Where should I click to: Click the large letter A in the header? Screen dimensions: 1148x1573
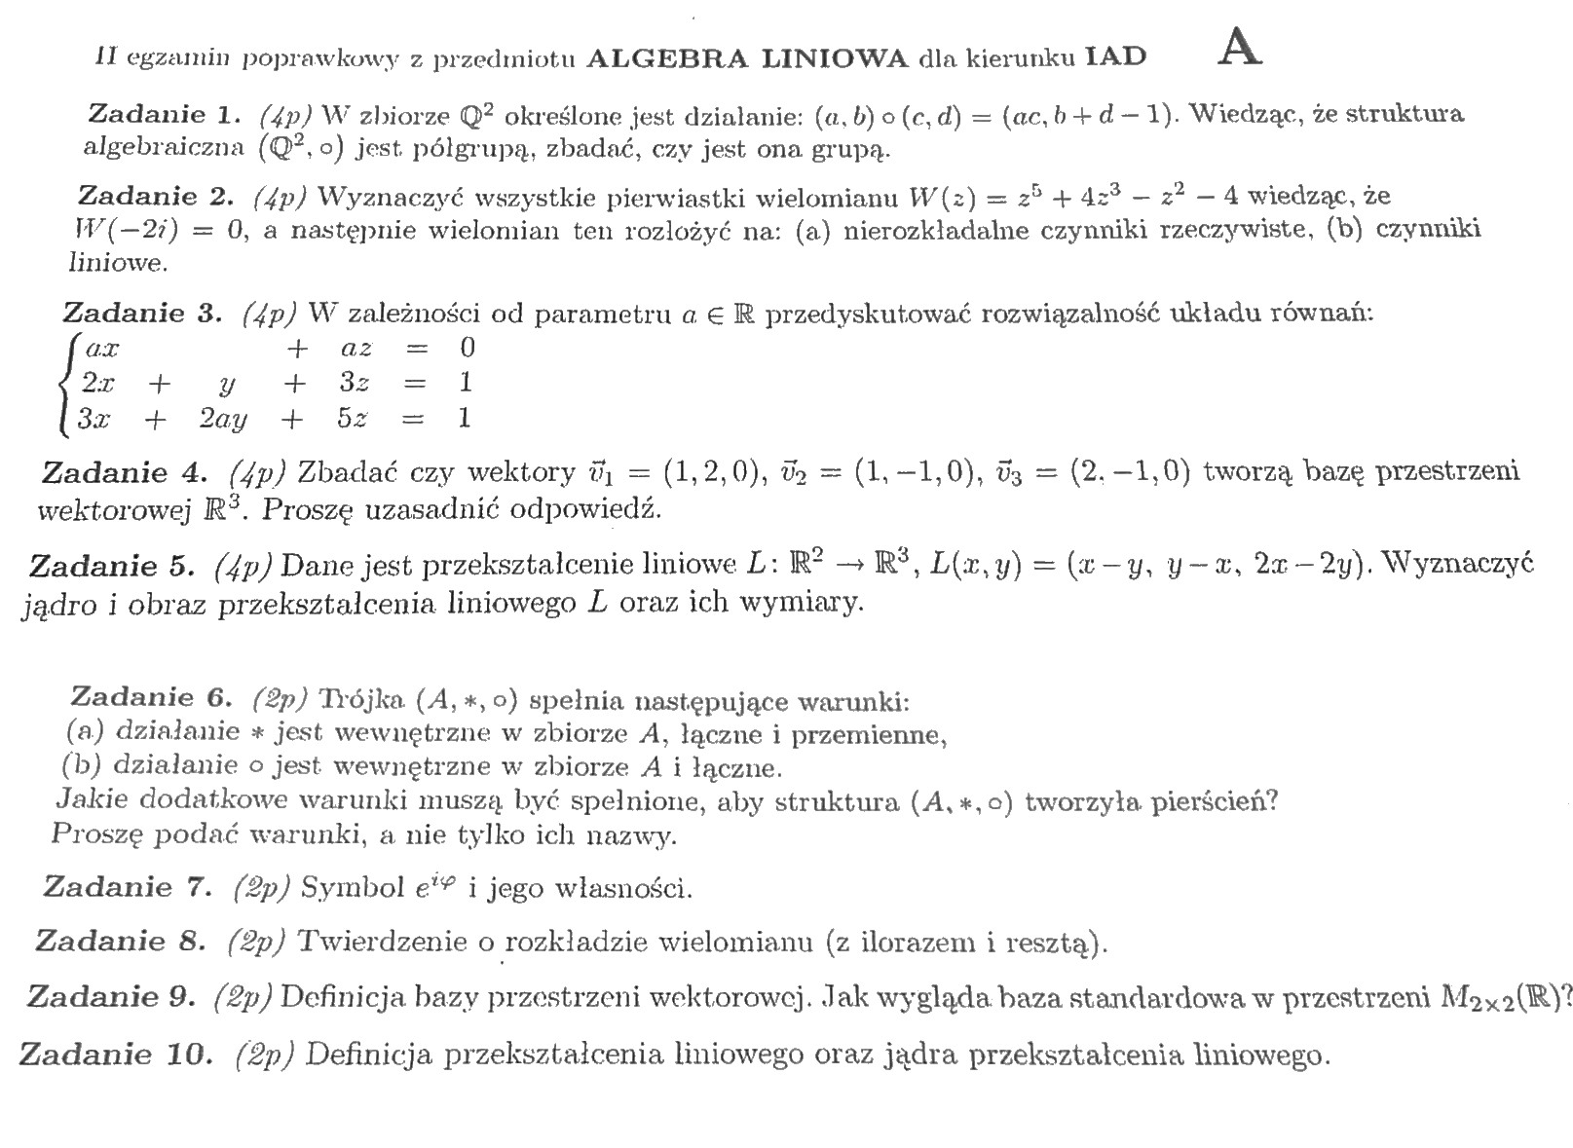click(1240, 48)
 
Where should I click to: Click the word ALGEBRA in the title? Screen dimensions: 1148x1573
click(667, 57)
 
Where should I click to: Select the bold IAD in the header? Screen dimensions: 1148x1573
click(1117, 57)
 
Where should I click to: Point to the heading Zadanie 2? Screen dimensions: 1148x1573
click(155, 197)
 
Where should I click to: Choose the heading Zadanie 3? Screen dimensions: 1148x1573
click(142, 313)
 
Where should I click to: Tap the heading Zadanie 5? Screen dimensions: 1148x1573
click(113, 566)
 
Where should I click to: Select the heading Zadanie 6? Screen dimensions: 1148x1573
click(151, 697)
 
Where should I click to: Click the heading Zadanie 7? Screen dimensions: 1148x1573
click(128, 887)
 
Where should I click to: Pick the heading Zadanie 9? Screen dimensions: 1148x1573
click(113, 997)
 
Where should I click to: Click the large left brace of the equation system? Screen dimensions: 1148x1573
click(67, 383)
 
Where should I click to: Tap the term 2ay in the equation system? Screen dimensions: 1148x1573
click(222, 420)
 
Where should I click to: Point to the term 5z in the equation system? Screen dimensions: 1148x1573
click(352, 419)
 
